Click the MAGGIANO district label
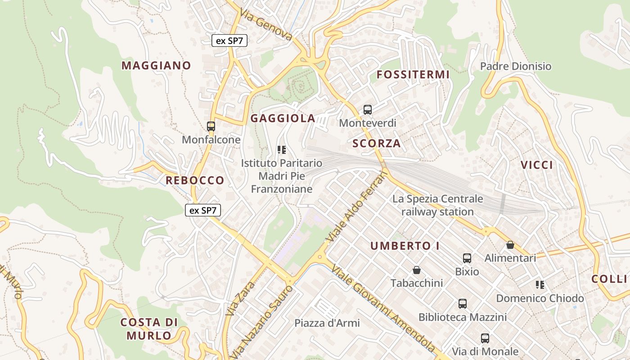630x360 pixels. tap(156, 65)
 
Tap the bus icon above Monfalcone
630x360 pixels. tap(211, 126)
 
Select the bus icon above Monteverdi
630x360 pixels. tap(368, 109)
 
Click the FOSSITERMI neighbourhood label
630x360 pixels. tap(413, 74)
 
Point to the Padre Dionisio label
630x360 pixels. tap(515, 66)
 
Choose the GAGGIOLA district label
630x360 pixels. tap(283, 118)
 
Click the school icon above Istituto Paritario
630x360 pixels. tap(282, 149)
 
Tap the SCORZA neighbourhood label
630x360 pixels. tap(377, 144)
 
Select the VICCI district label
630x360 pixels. tap(537, 165)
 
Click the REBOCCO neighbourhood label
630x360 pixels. tap(195, 180)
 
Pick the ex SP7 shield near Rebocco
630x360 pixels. tap(203, 210)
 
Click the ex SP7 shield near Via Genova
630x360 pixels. tap(229, 40)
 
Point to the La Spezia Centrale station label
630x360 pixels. tap(437, 205)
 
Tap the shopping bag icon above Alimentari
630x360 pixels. tap(510, 245)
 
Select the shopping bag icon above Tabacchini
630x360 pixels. tap(417, 270)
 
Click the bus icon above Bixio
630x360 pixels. tap(467, 258)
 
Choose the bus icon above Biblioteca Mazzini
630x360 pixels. tap(463, 304)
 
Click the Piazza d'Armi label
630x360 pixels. tap(327, 323)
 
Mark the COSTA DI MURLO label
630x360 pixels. tap(149, 328)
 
